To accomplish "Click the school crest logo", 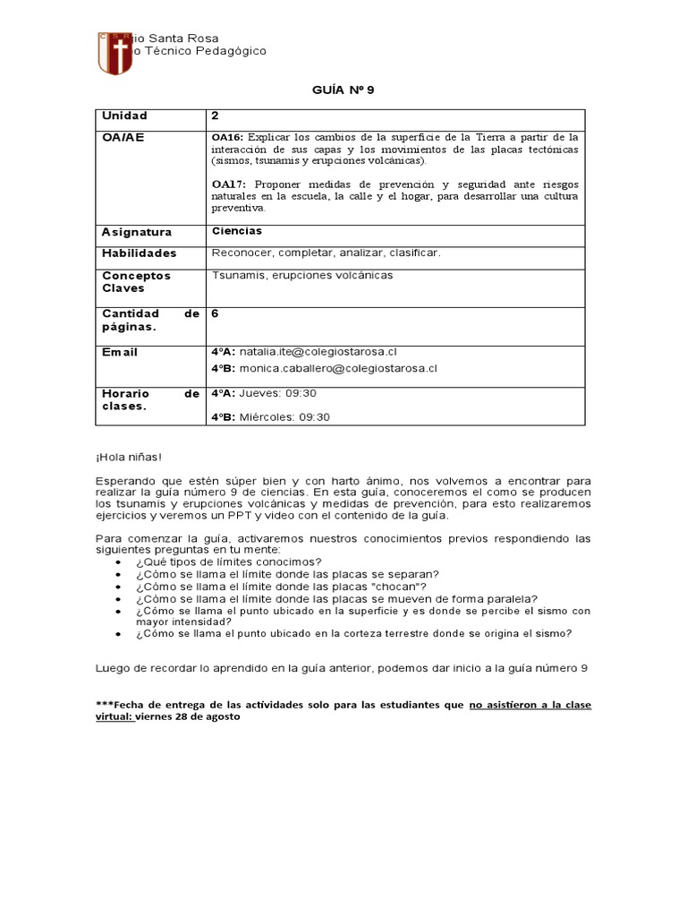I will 114,54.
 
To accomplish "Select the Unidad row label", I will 124,116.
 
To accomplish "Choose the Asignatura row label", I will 137,232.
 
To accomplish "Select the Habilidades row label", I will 140,253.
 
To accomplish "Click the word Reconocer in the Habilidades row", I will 239,253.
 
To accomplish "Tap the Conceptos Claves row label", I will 136,282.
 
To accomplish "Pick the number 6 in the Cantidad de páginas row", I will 215,313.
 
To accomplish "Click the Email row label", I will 120,352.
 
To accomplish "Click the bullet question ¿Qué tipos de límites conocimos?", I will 216,561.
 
